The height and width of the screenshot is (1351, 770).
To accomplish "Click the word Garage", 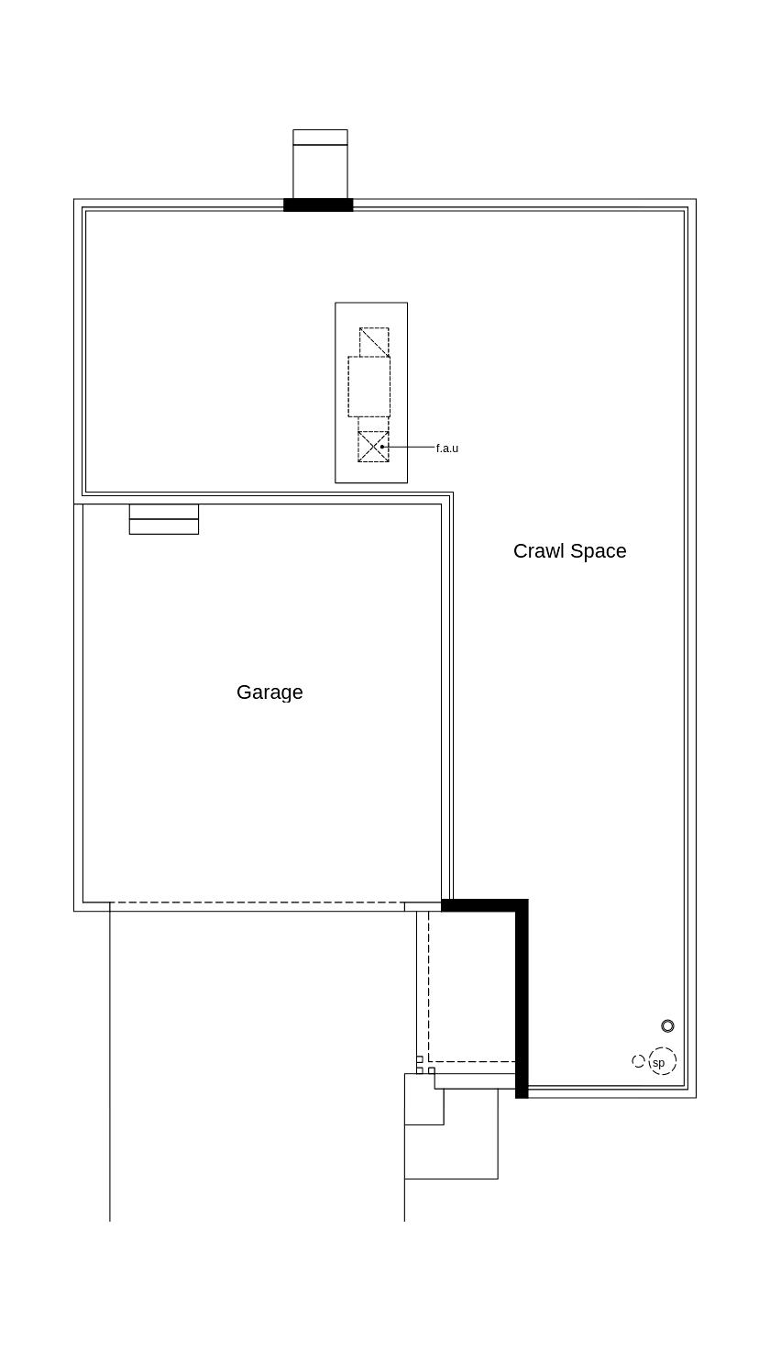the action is [x=269, y=692].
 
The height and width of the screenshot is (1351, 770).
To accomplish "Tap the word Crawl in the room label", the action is [x=538, y=550].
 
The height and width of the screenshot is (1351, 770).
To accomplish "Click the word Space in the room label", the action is [x=599, y=551].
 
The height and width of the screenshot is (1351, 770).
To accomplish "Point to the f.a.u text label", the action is [x=447, y=448].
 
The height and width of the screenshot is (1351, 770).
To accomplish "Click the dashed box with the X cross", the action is [x=373, y=447].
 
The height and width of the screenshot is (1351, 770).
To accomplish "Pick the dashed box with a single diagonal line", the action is [x=374, y=342].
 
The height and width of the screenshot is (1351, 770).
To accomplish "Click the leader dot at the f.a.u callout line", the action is [x=382, y=447].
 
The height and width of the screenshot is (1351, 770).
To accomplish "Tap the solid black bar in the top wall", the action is [x=318, y=205].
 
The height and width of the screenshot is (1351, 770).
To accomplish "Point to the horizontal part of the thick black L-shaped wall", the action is [x=485, y=904].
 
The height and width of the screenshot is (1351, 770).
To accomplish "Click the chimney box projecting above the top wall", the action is [x=320, y=164].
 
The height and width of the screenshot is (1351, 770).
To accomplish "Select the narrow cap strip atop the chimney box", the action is [x=320, y=137].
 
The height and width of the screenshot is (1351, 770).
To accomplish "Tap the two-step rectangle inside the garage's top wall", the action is [x=164, y=519].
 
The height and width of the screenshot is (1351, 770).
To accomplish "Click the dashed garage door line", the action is [x=257, y=903].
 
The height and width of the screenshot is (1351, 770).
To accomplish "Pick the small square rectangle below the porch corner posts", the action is [x=423, y=1099].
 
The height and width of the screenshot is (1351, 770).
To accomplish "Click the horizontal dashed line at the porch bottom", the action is [x=471, y=1061].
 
